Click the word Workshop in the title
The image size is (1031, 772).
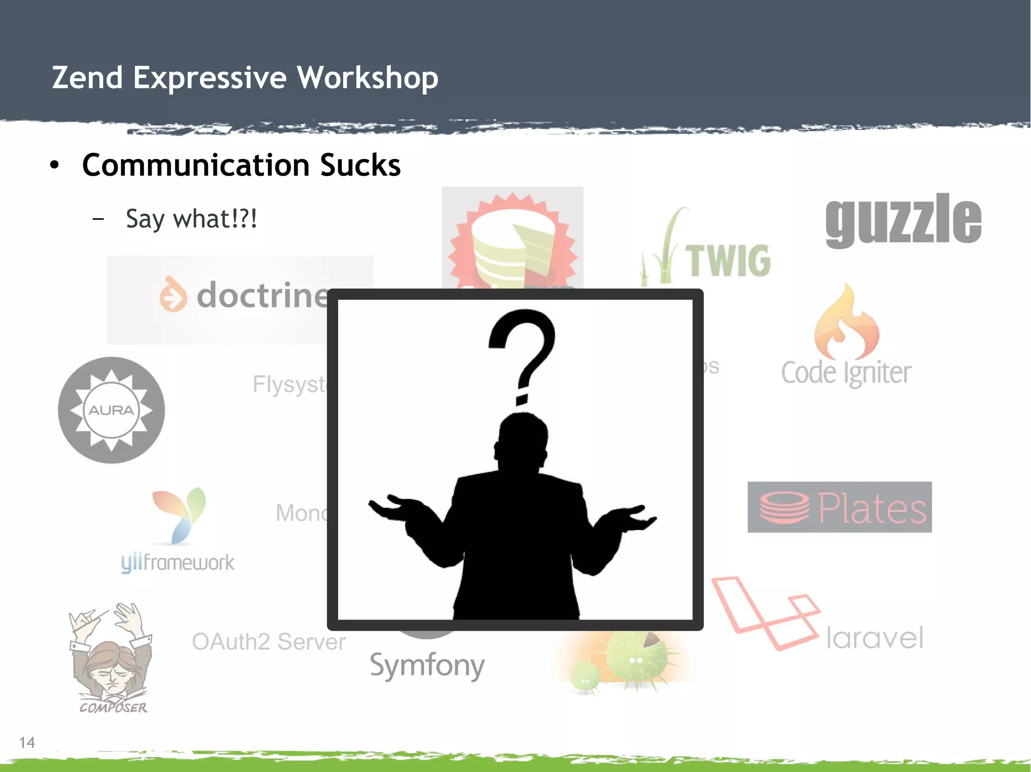pos(367,78)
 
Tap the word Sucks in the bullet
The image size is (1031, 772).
pos(360,165)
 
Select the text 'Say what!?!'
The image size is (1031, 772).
pos(191,219)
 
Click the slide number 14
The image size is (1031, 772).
pos(27,742)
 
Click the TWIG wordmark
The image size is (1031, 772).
pos(728,261)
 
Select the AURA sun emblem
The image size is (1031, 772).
pos(111,410)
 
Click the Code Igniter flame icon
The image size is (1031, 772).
pos(846,322)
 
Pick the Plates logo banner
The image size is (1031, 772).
pos(839,507)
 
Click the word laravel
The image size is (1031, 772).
pos(874,638)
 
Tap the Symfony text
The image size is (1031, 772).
pos(427,665)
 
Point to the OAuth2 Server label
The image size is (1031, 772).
pos(268,642)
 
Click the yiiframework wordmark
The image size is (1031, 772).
pos(177,562)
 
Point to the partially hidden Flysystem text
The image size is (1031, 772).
pos(290,385)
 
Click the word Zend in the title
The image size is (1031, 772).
pos(88,78)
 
